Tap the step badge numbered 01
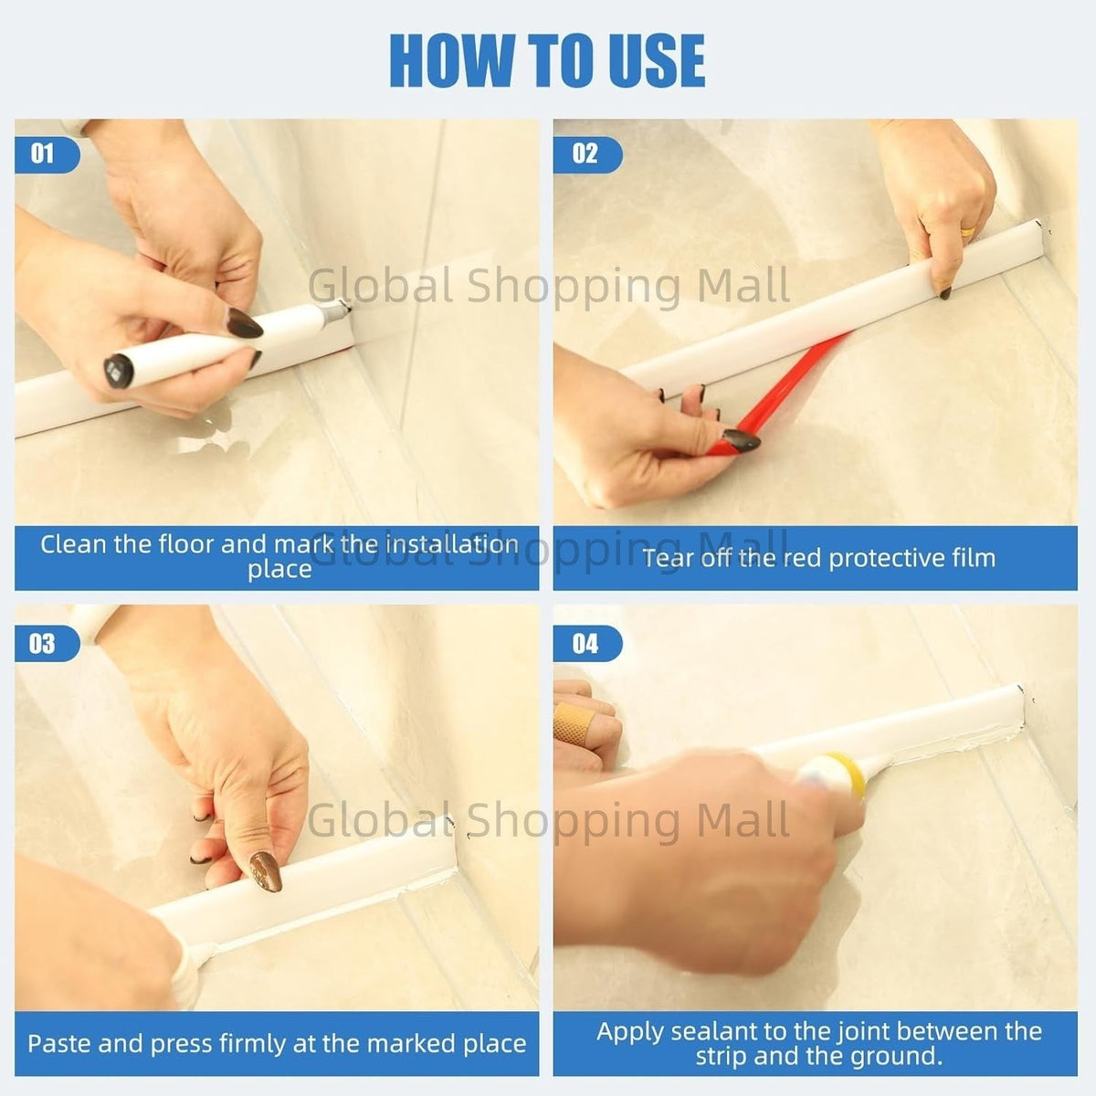pos(47,154)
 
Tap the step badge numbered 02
pos(587,154)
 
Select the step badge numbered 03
pos(47,643)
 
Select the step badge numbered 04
pos(587,643)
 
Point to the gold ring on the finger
pos(968,231)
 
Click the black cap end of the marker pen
pos(119,371)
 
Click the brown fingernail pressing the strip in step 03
pos(266,870)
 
